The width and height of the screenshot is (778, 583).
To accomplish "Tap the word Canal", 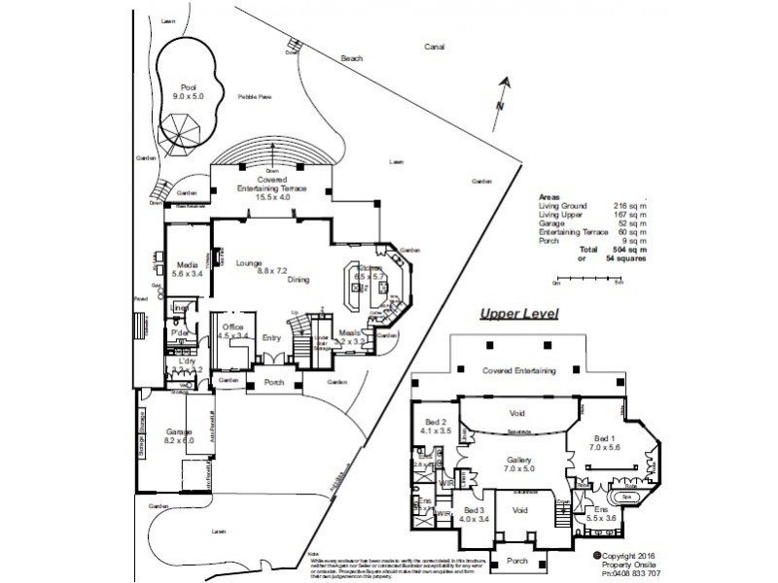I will [x=434, y=47].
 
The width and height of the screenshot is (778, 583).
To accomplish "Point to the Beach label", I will [x=351, y=58].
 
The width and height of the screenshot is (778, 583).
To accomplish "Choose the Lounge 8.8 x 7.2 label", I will [x=246, y=267].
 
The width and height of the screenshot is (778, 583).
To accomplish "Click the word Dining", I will [x=299, y=279].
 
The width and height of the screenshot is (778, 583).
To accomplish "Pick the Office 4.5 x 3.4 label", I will [x=232, y=331].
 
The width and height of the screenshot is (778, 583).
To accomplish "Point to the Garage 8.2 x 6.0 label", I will [x=178, y=436].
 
